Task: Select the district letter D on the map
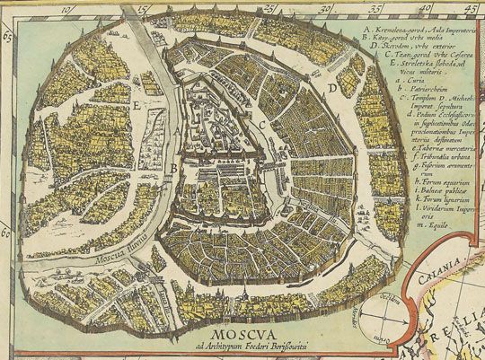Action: pyautogui.click(x=331, y=90)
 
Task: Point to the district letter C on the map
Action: pyautogui.click(x=260, y=123)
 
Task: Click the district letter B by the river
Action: pyautogui.click(x=172, y=168)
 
